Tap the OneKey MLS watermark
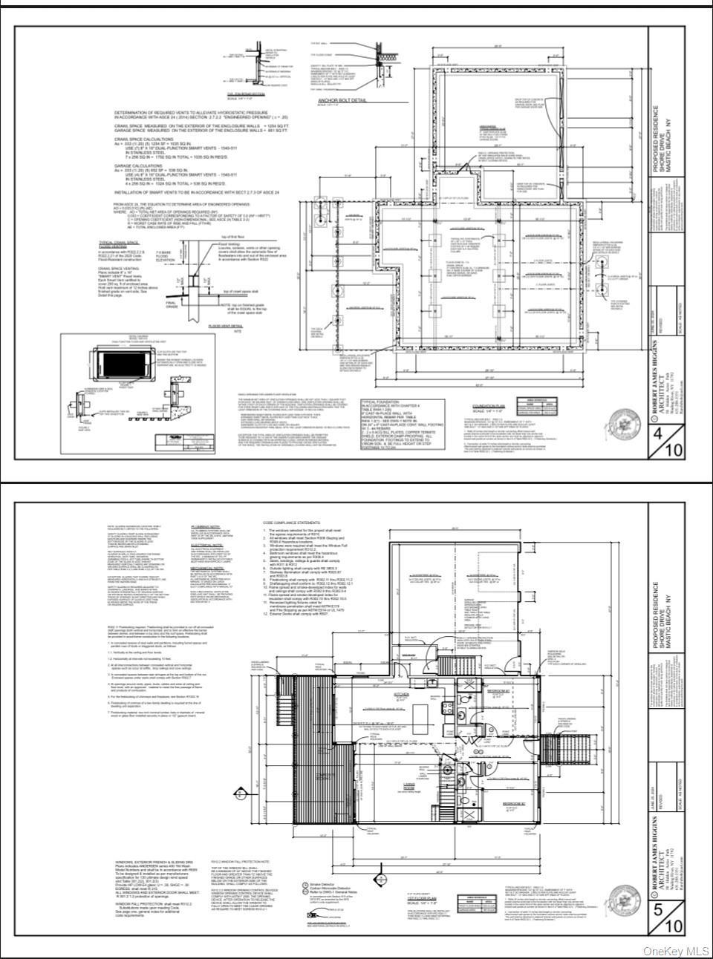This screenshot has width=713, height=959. click(x=682, y=951)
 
